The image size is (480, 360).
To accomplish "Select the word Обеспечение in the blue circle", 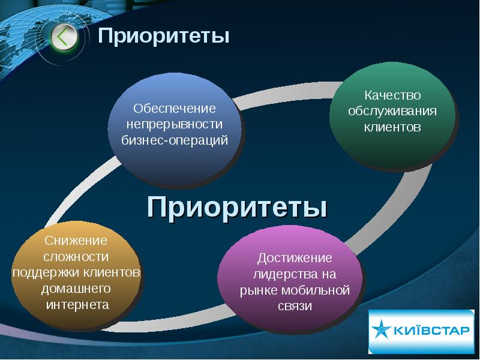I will [174, 109].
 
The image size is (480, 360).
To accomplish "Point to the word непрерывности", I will [174, 125].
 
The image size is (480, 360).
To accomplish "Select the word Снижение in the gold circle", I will [76, 241].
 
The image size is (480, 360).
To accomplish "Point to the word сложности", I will [76, 257].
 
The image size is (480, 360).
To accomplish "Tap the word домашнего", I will [76, 289].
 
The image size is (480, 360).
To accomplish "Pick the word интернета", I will [76, 305].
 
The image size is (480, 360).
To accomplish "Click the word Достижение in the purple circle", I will [295, 258].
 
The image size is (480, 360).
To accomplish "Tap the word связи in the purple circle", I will [295, 307].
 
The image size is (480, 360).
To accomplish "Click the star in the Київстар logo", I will [382, 331].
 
